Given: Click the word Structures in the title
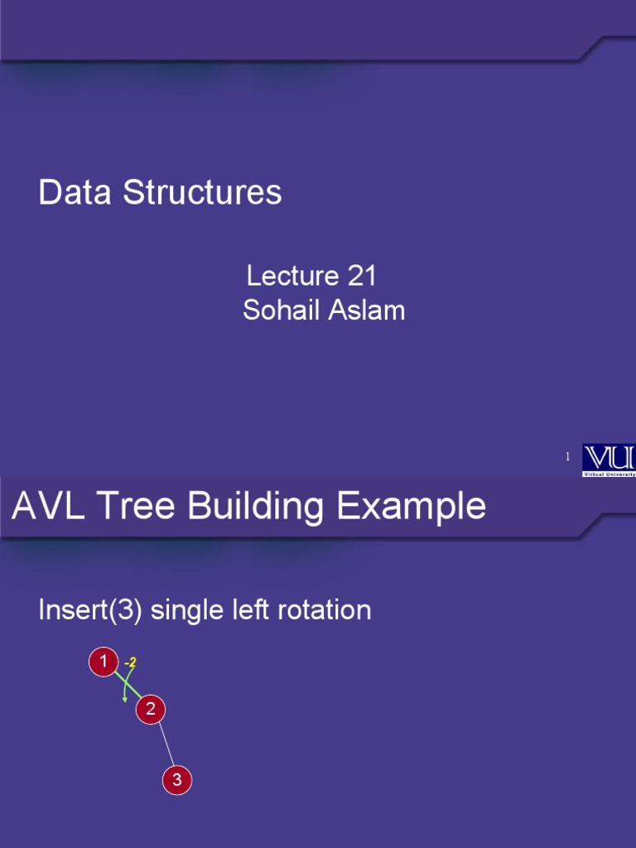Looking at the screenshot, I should point(202,193).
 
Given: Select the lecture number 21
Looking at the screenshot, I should point(362,276).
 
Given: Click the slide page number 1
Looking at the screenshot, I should point(567,457).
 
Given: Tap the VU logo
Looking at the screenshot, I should point(609,460).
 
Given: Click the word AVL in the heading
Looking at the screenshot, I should point(48,506).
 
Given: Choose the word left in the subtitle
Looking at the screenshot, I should point(243,611).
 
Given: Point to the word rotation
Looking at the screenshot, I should point(319,611).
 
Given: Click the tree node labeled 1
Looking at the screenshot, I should point(104,662).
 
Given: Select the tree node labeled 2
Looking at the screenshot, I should point(151,709).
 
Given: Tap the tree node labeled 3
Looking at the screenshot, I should point(176,780).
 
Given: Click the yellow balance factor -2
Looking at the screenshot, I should point(129,662).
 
